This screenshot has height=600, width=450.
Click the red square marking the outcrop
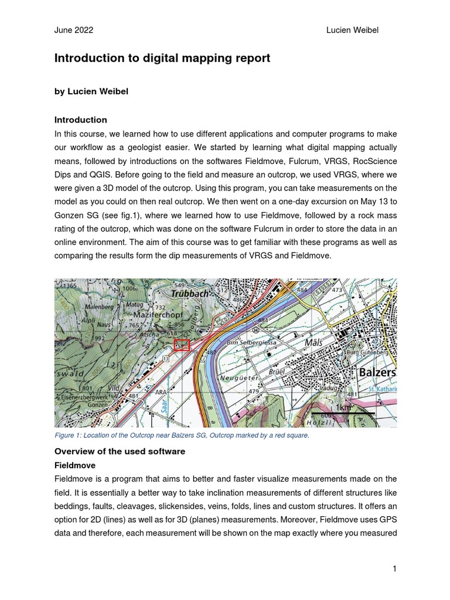pyautogui.click(x=182, y=345)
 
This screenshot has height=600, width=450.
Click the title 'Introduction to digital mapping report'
pyautogui.click(x=162, y=58)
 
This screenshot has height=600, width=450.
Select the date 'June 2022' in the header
pyautogui.click(x=73, y=30)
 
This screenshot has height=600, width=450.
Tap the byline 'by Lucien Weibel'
pyautogui.click(x=91, y=91)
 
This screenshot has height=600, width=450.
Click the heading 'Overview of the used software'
pyautogui.click(x=120, y=451)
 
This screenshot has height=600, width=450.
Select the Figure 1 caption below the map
pyautogui.click(x=182, y=435)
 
